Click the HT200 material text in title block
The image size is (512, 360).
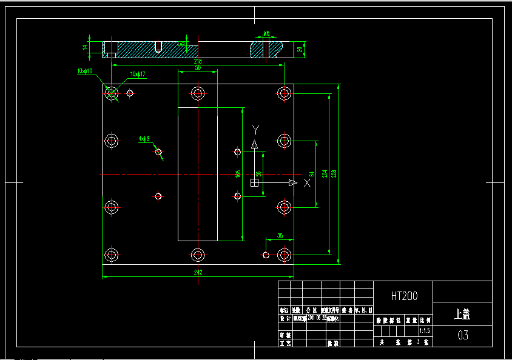pyautogui.click(x=403, y=296)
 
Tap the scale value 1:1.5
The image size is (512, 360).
pyautogui.click(x=425, y=331)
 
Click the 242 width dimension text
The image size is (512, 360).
pyautogui.click(x=198, y=273)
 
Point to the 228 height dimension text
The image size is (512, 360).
pyautogui.click(x=334, y=173)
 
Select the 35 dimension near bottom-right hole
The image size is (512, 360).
pyautogui.click(x=280, y=236)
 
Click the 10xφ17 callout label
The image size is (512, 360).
pyautogui.click(x=138, y=74)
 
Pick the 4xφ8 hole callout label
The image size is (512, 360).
pyautogui.click(x=144, y=138)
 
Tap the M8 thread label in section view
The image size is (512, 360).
pyautogui.click(x=266, y=34)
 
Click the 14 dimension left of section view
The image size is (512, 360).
pyautogui.click(x=86, y=47)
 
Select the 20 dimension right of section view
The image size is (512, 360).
pyautogui.click(x=300, y=49)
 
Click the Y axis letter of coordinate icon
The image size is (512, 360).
pyautogui.click(x=256, y=129)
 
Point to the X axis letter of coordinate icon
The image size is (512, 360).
pyautogui.click(x=307, y=182)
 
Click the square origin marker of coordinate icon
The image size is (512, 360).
pyautogui.click(x=255, y=182)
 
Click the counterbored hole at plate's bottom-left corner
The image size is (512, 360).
pyautogui.click(x=111, y=255)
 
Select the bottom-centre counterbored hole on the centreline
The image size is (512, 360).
pyautogui.click(x=198, y=255)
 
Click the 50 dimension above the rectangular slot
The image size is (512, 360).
pyautogui.click(x=198, y=68)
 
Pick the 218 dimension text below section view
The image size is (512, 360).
pyautogui.click(x=198, y=61)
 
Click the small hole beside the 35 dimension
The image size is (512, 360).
pyautogui.click(x=265, y=255)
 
